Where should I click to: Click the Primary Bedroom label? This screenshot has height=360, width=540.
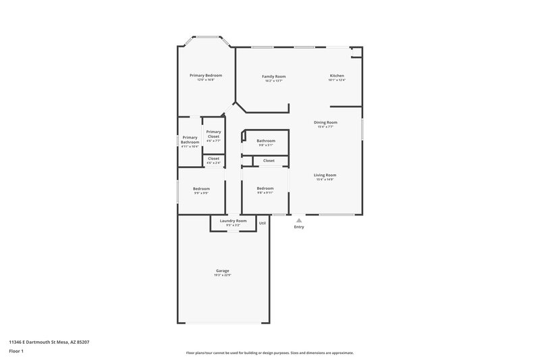pyautogui.click(x=206, y=75)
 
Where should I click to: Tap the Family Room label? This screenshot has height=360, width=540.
pyautogui.click(x=273, y=76)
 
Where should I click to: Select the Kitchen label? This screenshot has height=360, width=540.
pyautogui.click(x=337, y=76)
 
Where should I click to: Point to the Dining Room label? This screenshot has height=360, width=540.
pyautogui.click(x=325, y=122)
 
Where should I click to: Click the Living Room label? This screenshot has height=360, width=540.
pyautogui.click(x=325, y=175)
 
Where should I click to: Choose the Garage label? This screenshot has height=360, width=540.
pyautogui.click(x=223, y=271)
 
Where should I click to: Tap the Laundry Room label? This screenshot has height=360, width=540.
pyautogui.click(x=233, y=221)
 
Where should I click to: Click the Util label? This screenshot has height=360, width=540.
pyautogui.click(x=263, y=223)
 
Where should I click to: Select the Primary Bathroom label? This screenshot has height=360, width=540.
pyautogui.click(x=190, y=140)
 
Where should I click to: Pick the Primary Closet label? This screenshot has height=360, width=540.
pyautogui.click(x=213, y=134)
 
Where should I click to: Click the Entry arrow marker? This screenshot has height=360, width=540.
pyautogui.click(x=299, y=220)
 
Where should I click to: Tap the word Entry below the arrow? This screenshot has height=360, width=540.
pyautogui.click(x=299, y=227)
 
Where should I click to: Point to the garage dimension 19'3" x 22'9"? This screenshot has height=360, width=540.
pyautogui.click(x=223, y=276)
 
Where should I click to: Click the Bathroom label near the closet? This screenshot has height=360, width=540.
pyautogui.click(x=266, y=140)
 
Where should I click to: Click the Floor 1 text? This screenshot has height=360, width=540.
pyautogui.click(x=17, y=351)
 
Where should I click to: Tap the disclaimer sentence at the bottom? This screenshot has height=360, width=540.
pyautogui.click(x=270, y=353)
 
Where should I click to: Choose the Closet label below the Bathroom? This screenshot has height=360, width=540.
pyautogui.click(x=269, y=161)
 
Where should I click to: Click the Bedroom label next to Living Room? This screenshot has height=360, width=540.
pyautogui.click(x=265, y=188)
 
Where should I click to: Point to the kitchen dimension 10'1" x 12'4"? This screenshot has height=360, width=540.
pyautogui.click(x=337, y=80)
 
